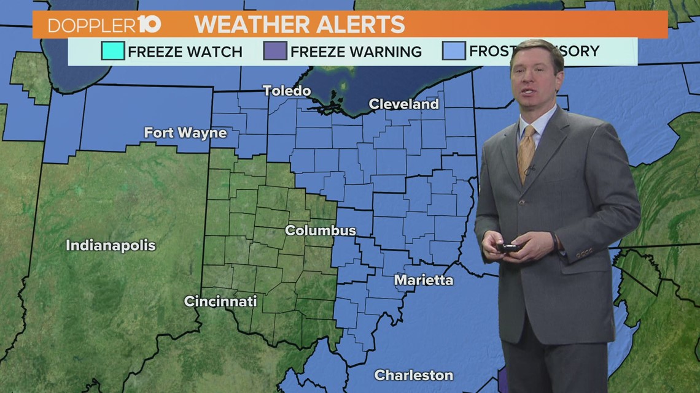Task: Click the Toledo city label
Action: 287,91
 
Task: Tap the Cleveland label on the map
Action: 403,104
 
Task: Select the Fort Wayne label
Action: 185,132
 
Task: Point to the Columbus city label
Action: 320,231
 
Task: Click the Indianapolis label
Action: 111,246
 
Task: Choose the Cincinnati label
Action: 220,301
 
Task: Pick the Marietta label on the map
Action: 424,280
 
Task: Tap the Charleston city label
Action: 414,375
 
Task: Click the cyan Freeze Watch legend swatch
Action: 113,52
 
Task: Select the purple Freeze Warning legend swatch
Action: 275,52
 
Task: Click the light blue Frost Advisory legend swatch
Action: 454,52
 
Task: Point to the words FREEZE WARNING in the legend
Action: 356,52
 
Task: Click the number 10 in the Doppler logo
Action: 149,25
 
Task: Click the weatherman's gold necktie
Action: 526,151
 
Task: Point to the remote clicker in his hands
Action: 509,247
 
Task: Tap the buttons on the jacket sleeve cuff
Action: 584,252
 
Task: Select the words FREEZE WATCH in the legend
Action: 185,52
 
